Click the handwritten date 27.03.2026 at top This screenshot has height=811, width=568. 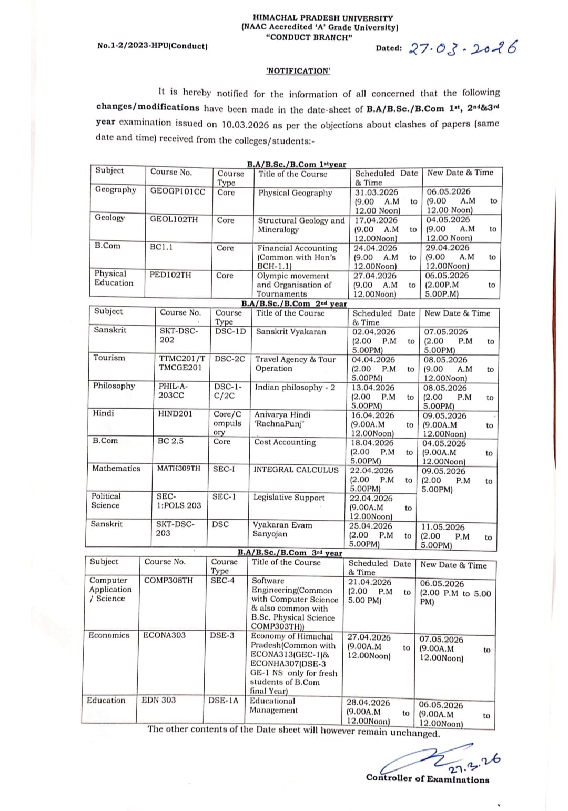point(462,48)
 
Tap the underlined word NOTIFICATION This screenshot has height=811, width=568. point(298,71)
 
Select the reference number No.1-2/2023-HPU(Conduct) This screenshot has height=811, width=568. point(153,46)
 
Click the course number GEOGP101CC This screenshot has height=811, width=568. point(178,191)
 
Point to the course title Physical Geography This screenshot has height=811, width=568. point(295,193)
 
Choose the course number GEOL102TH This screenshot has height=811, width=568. point(174,219)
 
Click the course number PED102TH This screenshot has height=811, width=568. point(170,275)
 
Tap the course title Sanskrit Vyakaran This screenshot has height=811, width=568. point(291,332)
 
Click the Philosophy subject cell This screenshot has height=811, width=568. point(114,386)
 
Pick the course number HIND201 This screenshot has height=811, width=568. point(175,414)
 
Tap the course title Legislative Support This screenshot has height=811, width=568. point(289,498)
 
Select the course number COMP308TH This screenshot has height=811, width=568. point(168,581)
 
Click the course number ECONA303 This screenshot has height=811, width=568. point(164,635)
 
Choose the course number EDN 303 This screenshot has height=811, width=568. point(159,700)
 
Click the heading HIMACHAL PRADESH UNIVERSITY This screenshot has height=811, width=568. point(323,18)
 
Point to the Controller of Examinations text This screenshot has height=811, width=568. point(428,779)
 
